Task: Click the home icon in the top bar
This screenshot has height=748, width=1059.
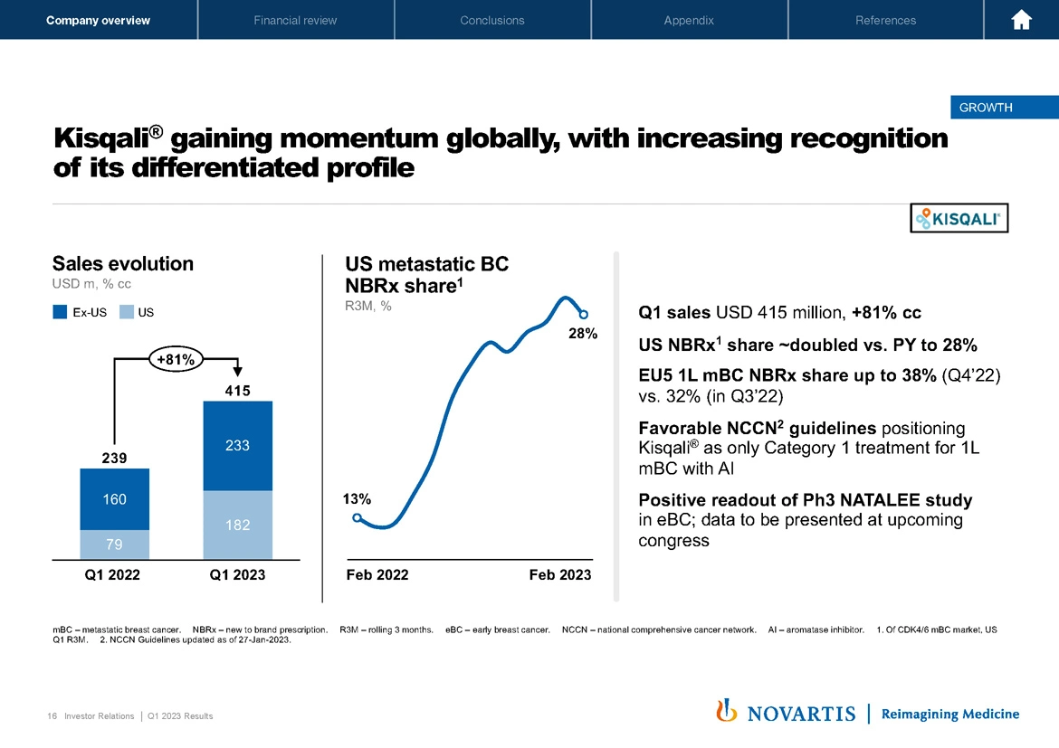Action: point(1022,20)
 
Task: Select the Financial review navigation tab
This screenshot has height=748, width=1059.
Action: point(295,20)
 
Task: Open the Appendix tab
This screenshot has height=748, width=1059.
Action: point(689,20)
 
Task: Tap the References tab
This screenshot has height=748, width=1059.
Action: point(885,20)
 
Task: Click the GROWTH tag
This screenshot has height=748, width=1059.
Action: point(986,108)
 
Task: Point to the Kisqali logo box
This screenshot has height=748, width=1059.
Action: point(959,218)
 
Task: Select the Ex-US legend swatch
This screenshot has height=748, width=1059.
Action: point(61,313)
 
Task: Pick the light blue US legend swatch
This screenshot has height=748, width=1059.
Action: point(127,313)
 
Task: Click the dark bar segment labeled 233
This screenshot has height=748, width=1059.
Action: point(238,445)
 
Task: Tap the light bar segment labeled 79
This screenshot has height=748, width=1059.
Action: point(114,544)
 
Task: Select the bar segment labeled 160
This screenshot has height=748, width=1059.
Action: point(114,498)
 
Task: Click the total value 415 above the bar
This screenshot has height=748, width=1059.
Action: point(237,391)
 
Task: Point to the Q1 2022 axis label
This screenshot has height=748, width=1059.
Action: point(112,574)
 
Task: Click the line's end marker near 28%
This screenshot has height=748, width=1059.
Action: point(584,315)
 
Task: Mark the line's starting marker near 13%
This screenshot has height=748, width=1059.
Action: point(358,517)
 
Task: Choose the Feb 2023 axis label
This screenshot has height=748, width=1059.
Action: point(560,574)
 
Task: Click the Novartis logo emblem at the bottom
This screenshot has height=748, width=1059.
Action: point(723,712)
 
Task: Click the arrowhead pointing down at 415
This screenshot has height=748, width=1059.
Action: point(238,370)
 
